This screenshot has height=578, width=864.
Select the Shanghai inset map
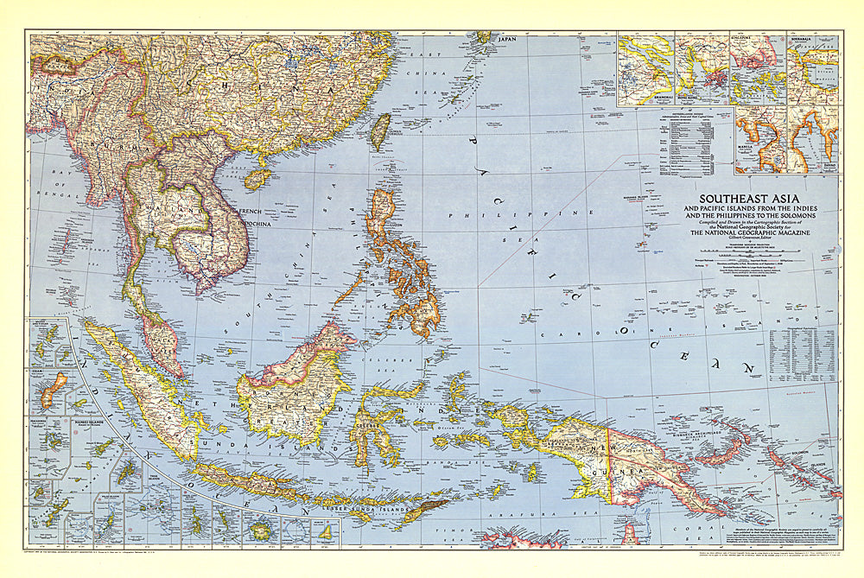coord(645,69)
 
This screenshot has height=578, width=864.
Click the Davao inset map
coord(814,138)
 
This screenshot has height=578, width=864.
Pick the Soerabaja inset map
coord(813,69)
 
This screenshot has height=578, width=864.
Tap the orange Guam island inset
coord(55,389)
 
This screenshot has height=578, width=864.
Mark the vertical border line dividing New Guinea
coord(609,467)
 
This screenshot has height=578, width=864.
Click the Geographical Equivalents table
coord(802,354)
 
